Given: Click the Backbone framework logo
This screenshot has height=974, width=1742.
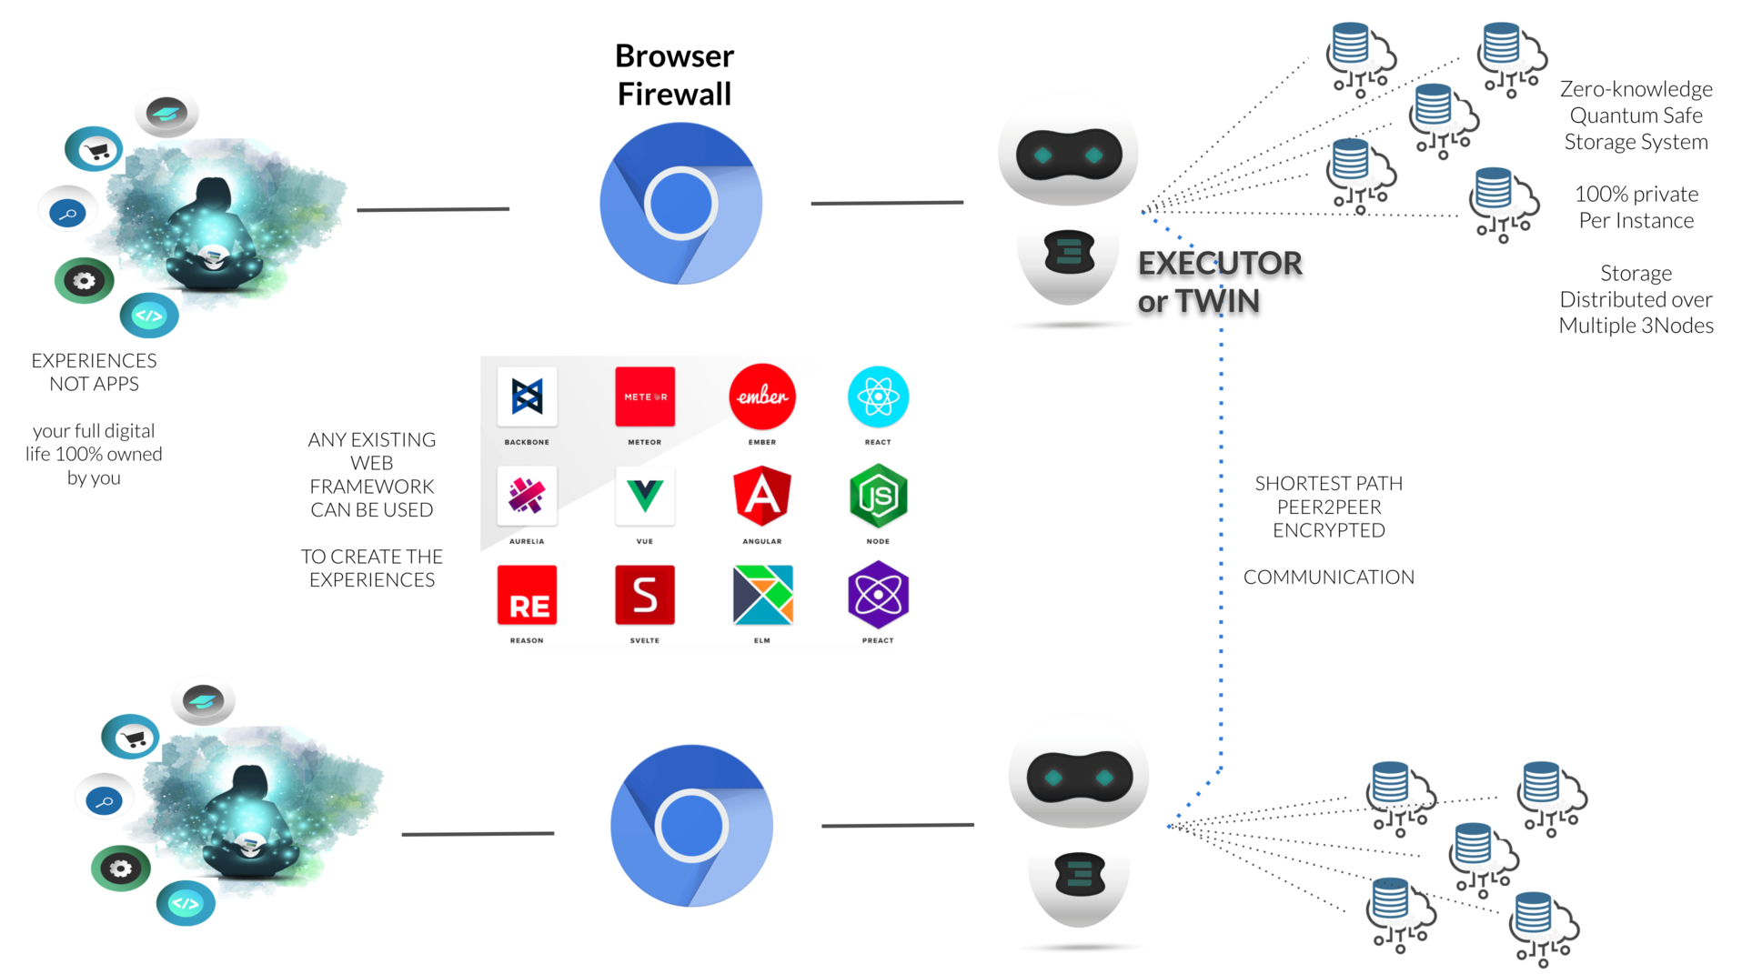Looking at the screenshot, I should point(527,397).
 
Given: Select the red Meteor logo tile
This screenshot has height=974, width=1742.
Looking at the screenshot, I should point(645,397).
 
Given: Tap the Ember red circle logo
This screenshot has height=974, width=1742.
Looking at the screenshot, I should point(762,397).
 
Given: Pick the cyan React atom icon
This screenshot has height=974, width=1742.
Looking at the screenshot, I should point(878,397).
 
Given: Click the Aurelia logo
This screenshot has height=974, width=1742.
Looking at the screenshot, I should point(527,496).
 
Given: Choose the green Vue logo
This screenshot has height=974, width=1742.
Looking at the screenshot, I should point(645,496).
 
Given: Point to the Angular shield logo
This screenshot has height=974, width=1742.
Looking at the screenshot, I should point(762,496).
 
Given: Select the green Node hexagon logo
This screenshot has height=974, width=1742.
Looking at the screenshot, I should point(878,496).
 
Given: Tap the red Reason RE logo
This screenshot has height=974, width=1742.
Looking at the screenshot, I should point(527,596).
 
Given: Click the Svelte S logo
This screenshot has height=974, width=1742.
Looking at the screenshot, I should point(645,596).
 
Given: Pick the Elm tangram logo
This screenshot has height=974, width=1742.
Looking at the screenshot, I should point(762,596).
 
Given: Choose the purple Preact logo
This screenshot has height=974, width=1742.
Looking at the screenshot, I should point(878,596).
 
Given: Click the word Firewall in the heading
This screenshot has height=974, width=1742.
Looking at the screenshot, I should point(674,94).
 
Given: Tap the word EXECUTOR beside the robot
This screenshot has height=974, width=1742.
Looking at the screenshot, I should point(1220,264).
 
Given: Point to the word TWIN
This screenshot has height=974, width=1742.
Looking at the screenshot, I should point(1217,301).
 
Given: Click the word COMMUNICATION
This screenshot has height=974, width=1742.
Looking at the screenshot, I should point(1328,577).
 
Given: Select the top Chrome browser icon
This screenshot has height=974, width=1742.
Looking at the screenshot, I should point(680,204).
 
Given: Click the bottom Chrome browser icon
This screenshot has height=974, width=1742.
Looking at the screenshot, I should point(691,826).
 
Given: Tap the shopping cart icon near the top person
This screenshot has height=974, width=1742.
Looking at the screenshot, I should point(96,150).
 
